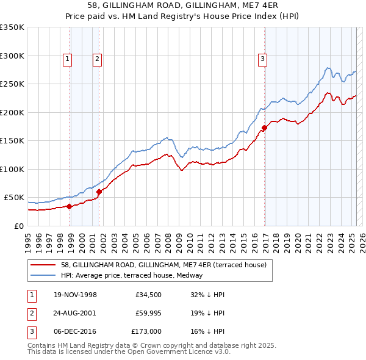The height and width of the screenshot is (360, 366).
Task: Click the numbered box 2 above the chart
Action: [96, 59]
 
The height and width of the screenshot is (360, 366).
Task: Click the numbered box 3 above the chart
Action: [262, 59]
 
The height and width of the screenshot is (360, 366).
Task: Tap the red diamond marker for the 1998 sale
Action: [70, 206]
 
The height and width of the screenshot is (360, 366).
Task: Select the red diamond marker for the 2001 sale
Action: [99, 192]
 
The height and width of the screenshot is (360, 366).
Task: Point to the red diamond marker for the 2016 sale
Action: [264, 128]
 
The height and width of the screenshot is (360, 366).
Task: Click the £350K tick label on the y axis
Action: [12, 27]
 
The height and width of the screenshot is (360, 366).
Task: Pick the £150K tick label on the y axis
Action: [12, 141]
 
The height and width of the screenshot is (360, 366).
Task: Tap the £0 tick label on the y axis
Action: [18, 226]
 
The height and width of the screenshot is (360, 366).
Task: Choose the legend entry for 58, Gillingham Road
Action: [163, 265]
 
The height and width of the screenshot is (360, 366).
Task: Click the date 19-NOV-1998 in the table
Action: [76, 295]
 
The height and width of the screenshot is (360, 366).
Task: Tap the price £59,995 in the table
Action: [146, 313]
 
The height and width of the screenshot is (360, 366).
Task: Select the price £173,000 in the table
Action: [146, 331]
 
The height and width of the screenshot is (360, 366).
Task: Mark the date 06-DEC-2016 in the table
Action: [76, 331]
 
